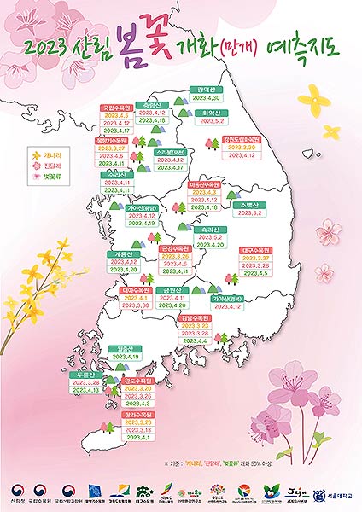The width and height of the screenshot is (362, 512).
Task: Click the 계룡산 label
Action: [123, 253]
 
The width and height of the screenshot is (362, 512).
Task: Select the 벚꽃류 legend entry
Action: [47, 176]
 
